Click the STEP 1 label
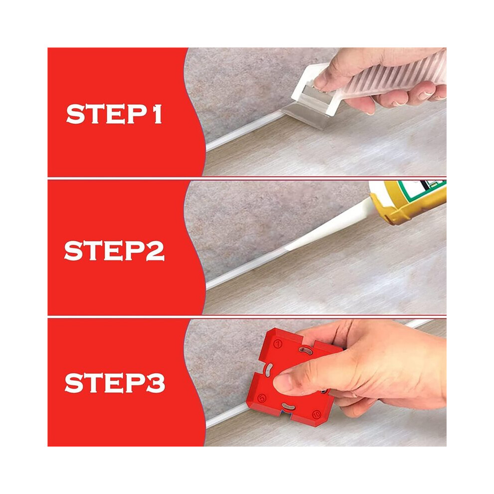coord(114,114)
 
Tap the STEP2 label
coord(114,250)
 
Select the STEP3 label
coord(115,383)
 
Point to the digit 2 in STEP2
coord(155,251)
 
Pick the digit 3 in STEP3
coord(156,383)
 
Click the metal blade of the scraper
coord(305,115)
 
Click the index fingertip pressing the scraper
coord(320,82)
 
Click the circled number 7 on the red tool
coord(277,343)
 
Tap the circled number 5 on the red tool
coord(262,398)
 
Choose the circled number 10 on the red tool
coord(316,414)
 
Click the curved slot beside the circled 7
coord(304,350)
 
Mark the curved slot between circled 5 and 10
coord(288,406)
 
